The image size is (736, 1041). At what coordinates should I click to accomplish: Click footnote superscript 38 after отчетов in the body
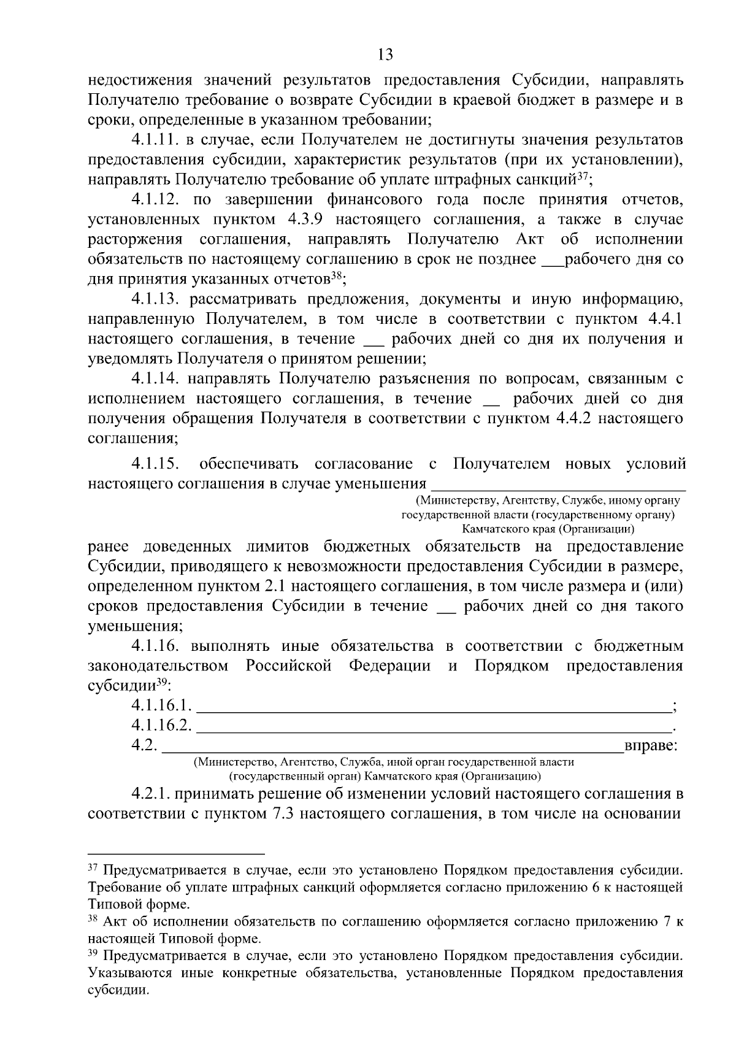point(336,276)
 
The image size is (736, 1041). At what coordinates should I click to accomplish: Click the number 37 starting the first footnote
point(93,869)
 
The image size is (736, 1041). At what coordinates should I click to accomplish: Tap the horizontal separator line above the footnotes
point(176,853)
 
